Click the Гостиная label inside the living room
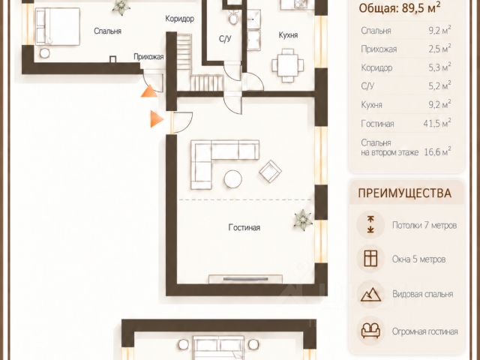pos(244,227)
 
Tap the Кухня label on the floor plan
pos(288,35)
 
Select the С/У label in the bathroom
pos(225,39)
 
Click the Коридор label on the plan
pos(180,19)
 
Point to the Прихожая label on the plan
pos(148,57)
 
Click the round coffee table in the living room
pos(233,179)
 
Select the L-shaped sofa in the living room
pos(225,164)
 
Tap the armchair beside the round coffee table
pos(271,172)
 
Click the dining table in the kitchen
pos(288,65)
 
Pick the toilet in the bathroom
pos(234,17)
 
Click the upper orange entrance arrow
pos(149,91)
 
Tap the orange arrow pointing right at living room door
pos(157,118)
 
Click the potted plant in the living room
pos(303,220)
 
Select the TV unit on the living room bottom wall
pos(245,279)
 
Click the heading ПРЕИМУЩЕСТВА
pos(405,193)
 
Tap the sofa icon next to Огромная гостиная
pos(370,331)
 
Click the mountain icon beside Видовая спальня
pos(370,295)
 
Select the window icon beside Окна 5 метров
pos(370,259)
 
